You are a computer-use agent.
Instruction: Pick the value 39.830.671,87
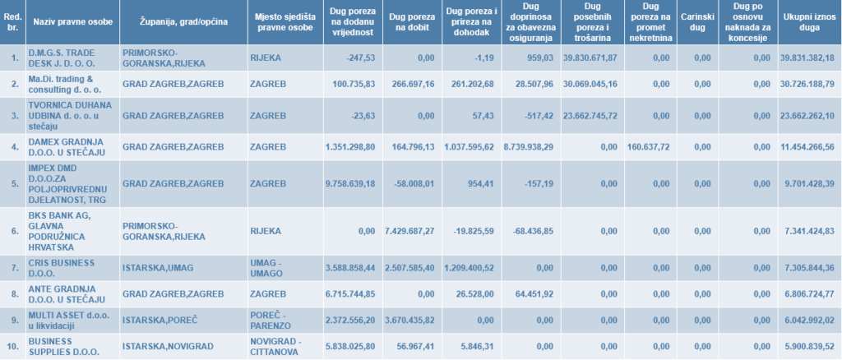click(590, 57)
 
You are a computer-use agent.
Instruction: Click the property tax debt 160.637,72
click(649, 147)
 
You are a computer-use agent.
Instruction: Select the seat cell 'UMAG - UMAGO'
click(272, 267)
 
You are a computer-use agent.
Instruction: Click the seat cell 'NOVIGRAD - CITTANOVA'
click(276, 346)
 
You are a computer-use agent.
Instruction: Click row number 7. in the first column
click(14, 268)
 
